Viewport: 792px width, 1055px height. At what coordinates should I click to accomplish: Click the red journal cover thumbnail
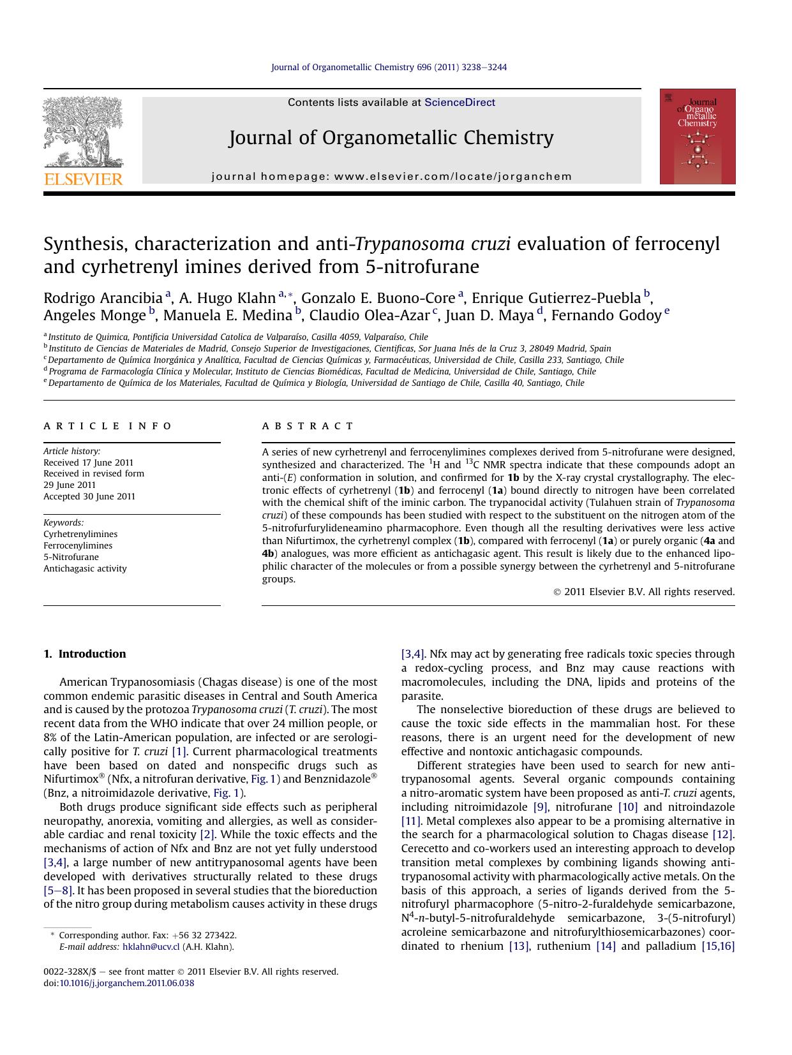(697, 136)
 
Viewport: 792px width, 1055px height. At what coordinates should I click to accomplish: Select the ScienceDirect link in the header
(460, 102)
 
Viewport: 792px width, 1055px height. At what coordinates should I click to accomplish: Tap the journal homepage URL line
(392, 177)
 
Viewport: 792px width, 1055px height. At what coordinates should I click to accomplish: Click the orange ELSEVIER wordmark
(83, 179)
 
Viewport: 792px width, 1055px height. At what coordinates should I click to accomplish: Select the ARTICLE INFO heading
(108, 426)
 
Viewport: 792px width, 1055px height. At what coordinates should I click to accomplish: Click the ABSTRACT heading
(308, 426)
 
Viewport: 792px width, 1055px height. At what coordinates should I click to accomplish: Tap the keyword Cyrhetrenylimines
(80, 534)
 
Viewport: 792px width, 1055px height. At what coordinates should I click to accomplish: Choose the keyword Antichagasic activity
(85, 568)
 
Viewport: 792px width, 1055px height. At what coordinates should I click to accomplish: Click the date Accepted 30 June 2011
(89, 496)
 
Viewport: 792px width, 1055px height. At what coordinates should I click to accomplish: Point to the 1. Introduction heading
(85, 654)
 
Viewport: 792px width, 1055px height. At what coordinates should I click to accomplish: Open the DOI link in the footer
(126, 983)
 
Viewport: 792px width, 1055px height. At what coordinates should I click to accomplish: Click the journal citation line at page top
(389, 67)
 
